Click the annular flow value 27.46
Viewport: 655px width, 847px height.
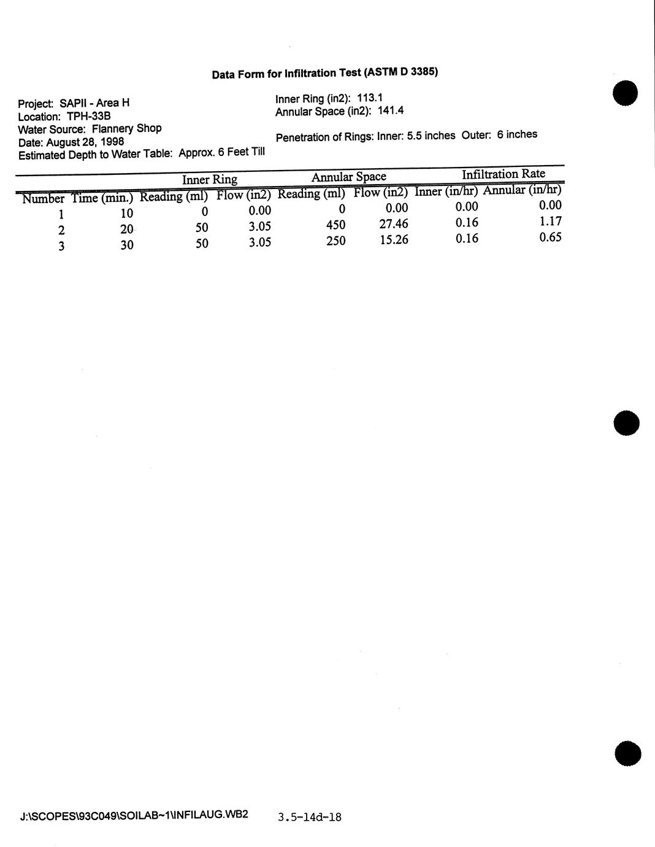point(394,224)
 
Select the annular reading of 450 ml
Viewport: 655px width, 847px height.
point(335,225)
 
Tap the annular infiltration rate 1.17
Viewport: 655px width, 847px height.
point(550,222)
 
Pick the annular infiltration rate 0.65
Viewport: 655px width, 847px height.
point(550,238)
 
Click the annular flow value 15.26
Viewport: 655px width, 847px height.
point(394,240)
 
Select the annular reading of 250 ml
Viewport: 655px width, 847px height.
point(335,241)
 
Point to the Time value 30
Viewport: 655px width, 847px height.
point(127,246)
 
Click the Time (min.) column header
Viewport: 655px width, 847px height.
point(102,198)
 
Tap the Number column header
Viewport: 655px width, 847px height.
point(43,199)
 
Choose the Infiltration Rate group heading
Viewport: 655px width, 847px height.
point(503,174)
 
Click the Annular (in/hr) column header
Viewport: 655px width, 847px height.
point(522,190)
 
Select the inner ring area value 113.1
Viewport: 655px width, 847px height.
point(370,98)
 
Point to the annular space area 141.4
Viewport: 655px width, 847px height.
point(391,111)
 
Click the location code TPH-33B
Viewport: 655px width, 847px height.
point(88,116)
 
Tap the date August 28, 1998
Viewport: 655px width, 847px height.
point(85,142)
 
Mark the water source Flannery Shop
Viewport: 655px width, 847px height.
point(126,129)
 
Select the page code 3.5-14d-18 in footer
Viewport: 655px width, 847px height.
point(309,817)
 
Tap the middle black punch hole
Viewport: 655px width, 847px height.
point(626,423)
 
